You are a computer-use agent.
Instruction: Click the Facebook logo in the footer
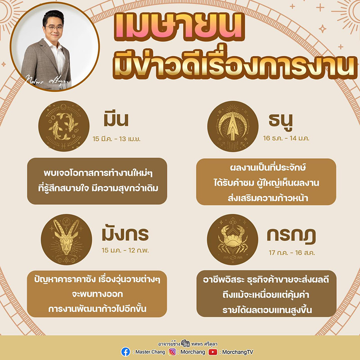pyautogui.click(x=126, y=351)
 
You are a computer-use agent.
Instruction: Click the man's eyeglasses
pyautogui.click(x=54, y=27)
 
